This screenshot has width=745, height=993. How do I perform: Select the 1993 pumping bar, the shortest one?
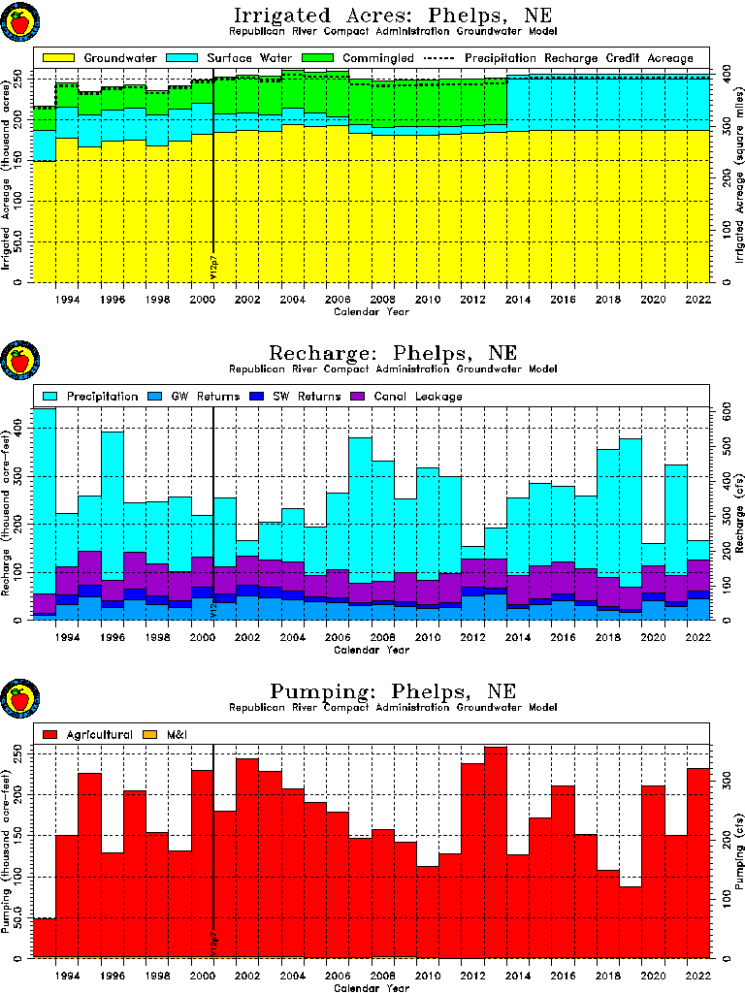coord(44,937)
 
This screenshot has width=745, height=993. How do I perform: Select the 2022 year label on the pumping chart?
coord(697,976)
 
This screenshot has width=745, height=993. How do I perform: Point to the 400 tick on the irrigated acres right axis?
coord(724,75)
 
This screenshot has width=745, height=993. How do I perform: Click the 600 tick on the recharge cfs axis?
coord(724,412)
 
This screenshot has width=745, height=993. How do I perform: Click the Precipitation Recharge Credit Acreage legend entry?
coord(580,58)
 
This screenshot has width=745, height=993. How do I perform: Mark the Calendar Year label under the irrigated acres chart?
coord(372,313)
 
